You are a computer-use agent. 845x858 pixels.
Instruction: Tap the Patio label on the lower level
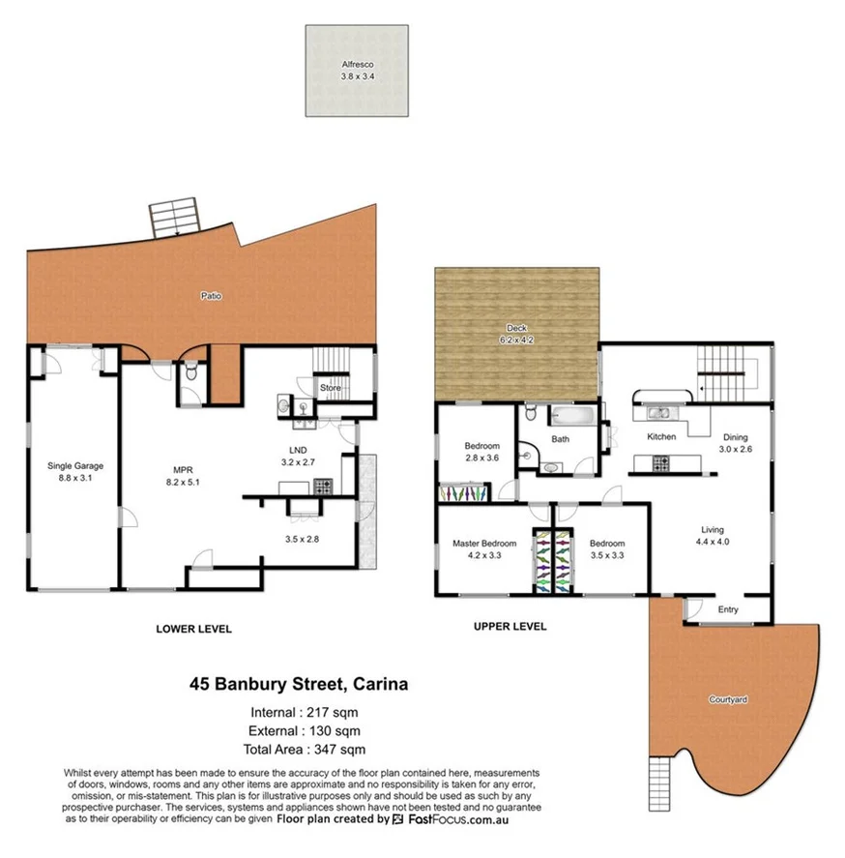tap(211, 296)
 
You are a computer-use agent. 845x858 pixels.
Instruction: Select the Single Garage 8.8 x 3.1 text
tap(74, 471)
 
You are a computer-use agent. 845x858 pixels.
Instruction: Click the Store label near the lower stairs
tap(330, 388)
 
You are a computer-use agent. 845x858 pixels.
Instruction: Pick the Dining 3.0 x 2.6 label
tap(734, 443)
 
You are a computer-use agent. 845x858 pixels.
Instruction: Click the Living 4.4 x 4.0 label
tap(713, 535)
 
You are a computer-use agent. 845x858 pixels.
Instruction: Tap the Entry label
tap(727, 609)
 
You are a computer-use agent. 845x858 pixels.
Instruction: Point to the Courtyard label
tap(728, 698)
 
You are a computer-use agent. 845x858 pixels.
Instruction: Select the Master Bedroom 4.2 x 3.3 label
tap(484, 548)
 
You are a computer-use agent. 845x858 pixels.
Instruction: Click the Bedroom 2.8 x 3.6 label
tap(481, 452)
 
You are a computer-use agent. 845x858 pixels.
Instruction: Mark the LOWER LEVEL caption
tap(193, 629)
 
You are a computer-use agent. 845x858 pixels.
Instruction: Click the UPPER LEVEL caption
tap(510, 626)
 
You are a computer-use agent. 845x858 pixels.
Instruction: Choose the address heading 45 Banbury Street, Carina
tap(298, 684)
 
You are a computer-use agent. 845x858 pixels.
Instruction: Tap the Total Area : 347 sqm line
tap(306, 749)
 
